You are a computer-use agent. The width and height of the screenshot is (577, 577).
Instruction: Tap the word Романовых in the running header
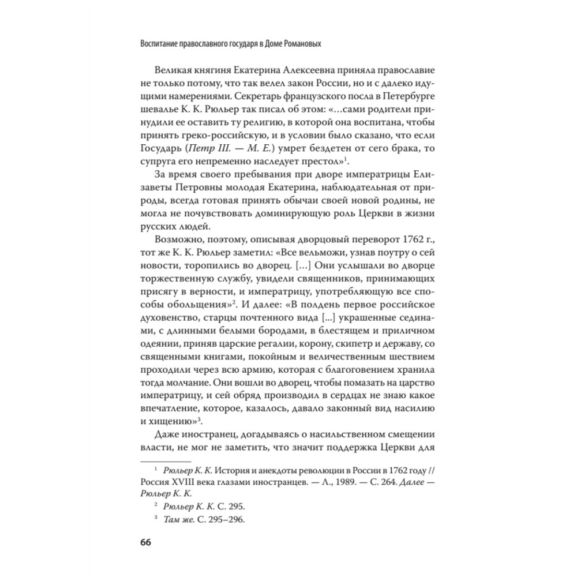coord(297,43)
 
